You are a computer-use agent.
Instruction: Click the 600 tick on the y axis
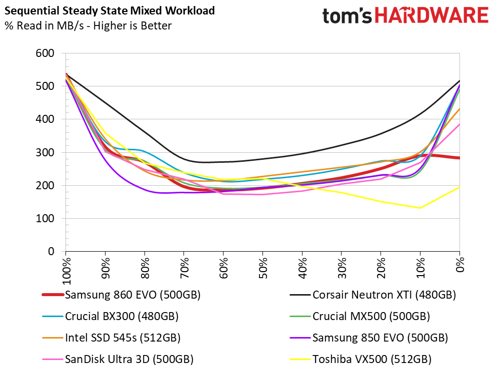[x=45, y=53]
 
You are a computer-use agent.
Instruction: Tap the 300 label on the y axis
[x=45, y=153]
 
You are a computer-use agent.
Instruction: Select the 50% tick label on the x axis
[x=263, y=270]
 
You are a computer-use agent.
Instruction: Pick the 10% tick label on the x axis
[x=421, y=270]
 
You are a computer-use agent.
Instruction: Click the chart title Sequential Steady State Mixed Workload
[x=109, y=10]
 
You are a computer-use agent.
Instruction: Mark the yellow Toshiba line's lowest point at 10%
[x=420, y=208]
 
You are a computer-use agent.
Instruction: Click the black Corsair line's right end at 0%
[x=459, y=81]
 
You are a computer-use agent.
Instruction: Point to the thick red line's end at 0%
[x=459, y=158]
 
